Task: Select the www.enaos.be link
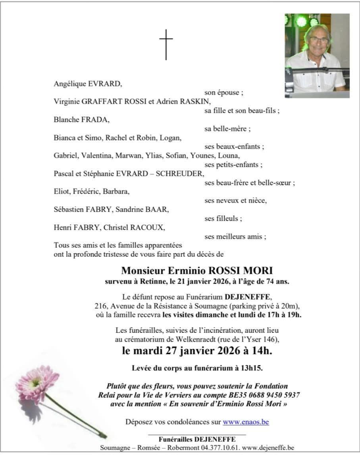[x=246, y=422]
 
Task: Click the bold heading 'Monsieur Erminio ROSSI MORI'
[x=197, y=271]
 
